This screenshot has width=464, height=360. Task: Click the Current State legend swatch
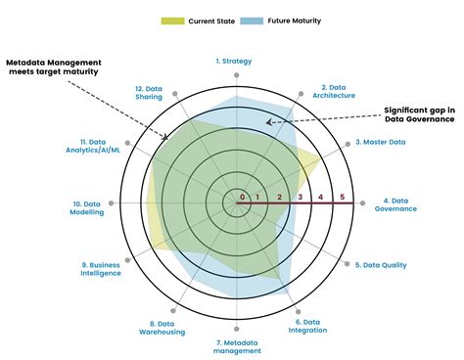pyautogui.click(x=172, y=20)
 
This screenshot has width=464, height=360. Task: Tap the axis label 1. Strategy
pyautogui.click(x=234, y=61)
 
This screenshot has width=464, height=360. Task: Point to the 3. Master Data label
pyautogui.click(x=381, y=142)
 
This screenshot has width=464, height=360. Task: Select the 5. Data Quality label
pyautogui.click(x=381, y=265)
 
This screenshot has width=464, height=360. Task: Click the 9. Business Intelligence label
pyautogui.click(x=102, y=269)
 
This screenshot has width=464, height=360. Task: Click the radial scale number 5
pyautogui.click(x=343, y=198)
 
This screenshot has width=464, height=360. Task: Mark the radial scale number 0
pyautogui.click(x=243, y=198)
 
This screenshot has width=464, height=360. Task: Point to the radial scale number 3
pyautogui.click(x=301, y=198)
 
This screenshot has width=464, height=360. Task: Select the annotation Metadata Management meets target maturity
pyautogui.click(x=67, y=67)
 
